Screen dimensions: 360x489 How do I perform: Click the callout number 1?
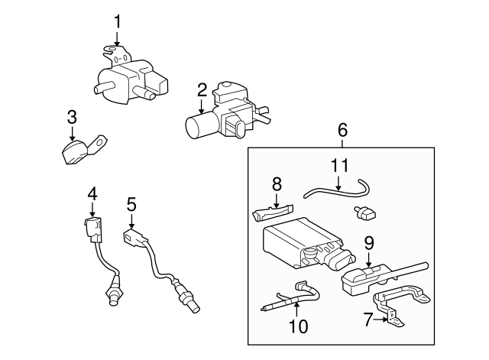pyautogui.click(x=117, y=21)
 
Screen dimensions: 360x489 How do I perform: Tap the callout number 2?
pyautogui.click(x=202, y=90)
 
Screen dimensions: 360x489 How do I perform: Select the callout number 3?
pyautogui.click(x=72, y=117)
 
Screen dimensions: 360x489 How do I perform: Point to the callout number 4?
pyautogui.click(x=92, y=194)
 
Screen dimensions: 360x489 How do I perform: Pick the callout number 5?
pyautogui.click(x=131, y=204)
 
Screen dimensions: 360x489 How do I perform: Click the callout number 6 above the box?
pyautogui.click(x=342, y=130)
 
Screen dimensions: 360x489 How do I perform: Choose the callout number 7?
pyautogui.click(x=368, y=318)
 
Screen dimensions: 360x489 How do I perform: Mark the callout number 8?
pyautogui.click(x=277, y=183)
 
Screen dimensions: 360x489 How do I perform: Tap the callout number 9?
pyautogui.click(x=368, y=244)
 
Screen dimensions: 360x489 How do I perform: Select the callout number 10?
pyautogui.click(x=298, y=326)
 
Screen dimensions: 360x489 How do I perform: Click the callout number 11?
pyautogui.click(x=339, y=165)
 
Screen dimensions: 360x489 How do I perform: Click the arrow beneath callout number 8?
pyautogui.click(x=277, y=199)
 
